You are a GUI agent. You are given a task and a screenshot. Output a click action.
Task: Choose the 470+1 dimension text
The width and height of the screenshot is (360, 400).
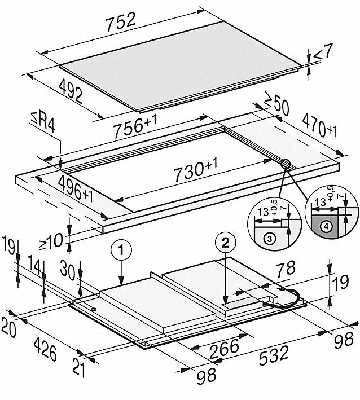click(x=319, y=127)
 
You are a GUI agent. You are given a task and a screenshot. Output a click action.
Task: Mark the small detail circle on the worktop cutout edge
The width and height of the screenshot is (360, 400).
click(x=286, y=164)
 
